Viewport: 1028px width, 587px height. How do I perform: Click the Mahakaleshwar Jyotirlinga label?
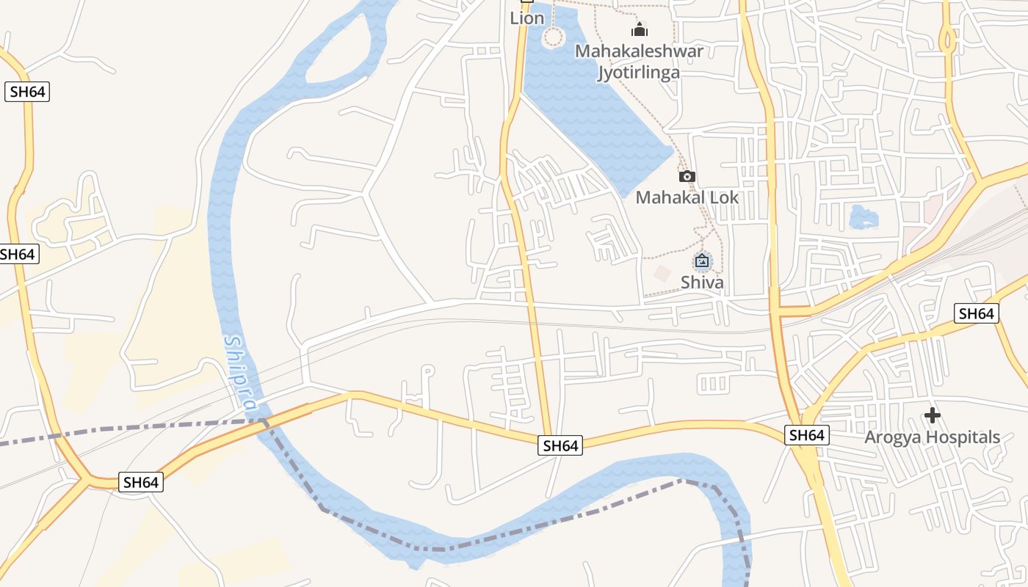(x=639, y=62)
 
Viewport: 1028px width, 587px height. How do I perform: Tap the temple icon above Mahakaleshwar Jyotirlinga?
(x=640, y=29)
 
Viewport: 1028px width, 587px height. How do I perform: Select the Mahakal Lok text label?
(x=687, y=197)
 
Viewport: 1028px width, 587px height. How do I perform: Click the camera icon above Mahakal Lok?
(x=687, y=176)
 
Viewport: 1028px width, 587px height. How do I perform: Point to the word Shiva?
(x=702, y=282)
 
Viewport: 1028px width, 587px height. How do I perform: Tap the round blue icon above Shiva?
(x=703, y=260)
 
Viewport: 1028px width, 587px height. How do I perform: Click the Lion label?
(x=527, y=18)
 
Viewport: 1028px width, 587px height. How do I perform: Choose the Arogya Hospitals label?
(x=932, y=437)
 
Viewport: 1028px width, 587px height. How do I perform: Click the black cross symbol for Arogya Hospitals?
(x=932, y=415)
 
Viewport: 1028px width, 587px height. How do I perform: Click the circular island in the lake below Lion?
(x=554, y=37)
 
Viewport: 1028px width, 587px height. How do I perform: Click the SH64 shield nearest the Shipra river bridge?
(x=141, y=482)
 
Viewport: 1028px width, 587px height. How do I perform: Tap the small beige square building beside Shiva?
(x=662, y=274)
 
